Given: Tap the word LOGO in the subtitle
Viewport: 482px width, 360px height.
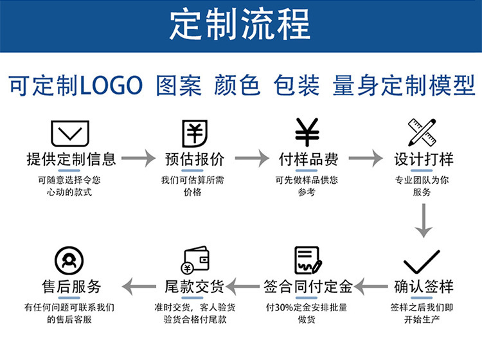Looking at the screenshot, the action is click(110, 85).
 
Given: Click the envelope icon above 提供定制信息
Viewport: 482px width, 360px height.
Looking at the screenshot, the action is click(69, 132).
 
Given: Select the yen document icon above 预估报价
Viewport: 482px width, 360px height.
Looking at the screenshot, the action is click(194, 132).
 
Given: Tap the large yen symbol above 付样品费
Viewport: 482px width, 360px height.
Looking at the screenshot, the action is click(307, 132).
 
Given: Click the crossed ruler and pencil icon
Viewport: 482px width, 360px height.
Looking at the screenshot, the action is click(422, 132).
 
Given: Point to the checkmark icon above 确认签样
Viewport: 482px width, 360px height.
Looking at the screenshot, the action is click(422, 262).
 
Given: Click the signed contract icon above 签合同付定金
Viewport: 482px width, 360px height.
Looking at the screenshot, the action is click(308, 260).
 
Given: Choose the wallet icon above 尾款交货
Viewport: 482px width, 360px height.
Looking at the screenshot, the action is click(195, 261).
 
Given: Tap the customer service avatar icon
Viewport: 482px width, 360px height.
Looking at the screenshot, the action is click(69, 261).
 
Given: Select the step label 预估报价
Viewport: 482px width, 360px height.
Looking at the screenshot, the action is click(195, 159).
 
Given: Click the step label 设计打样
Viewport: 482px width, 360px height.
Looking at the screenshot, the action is click(423, 159).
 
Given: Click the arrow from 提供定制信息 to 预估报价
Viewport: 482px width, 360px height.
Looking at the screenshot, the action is click(139, 158).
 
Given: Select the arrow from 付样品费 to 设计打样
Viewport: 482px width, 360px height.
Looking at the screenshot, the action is click(366, 158).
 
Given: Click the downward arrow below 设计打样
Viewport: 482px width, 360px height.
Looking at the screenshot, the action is click(422, 221).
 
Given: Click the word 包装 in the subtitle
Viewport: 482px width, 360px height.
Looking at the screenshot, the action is click(296, 85).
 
